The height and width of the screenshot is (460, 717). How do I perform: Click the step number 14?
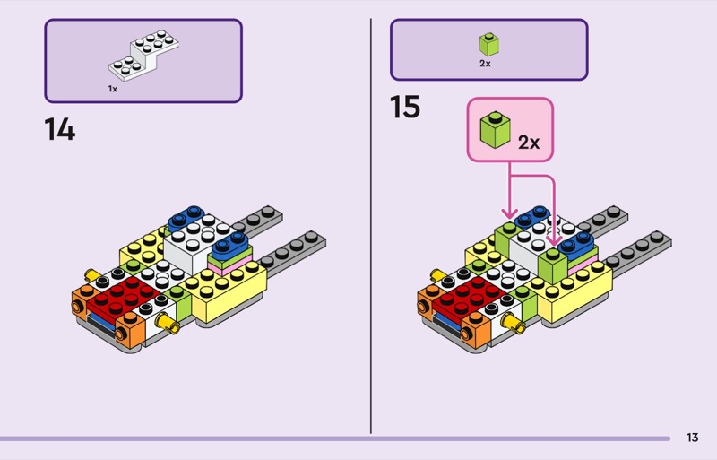(x=60, y=130)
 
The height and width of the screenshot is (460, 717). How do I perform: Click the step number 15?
(x=405, y=108)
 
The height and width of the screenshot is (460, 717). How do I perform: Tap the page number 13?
(x=692, y=438)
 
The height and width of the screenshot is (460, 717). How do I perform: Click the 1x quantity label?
(x=113, y=89)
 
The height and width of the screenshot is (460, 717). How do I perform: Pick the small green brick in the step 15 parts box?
(x=488, y=43)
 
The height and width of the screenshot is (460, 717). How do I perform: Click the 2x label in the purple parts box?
(x=485, y=64)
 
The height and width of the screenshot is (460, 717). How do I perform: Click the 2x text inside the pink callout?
(x=528, y=142)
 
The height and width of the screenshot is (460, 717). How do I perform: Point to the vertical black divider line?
(x=371, y=224)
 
